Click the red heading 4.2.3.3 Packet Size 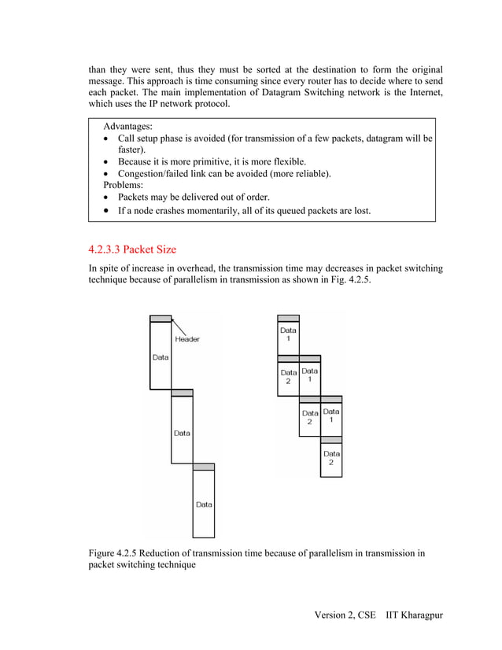click(132, 250)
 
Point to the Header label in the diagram click(187, 339)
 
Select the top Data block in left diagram click(161, 356)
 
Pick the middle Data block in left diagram click(182, 432)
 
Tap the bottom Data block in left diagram click(204, 504)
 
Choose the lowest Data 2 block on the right click(331, 459)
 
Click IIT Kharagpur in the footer click(414, 614)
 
